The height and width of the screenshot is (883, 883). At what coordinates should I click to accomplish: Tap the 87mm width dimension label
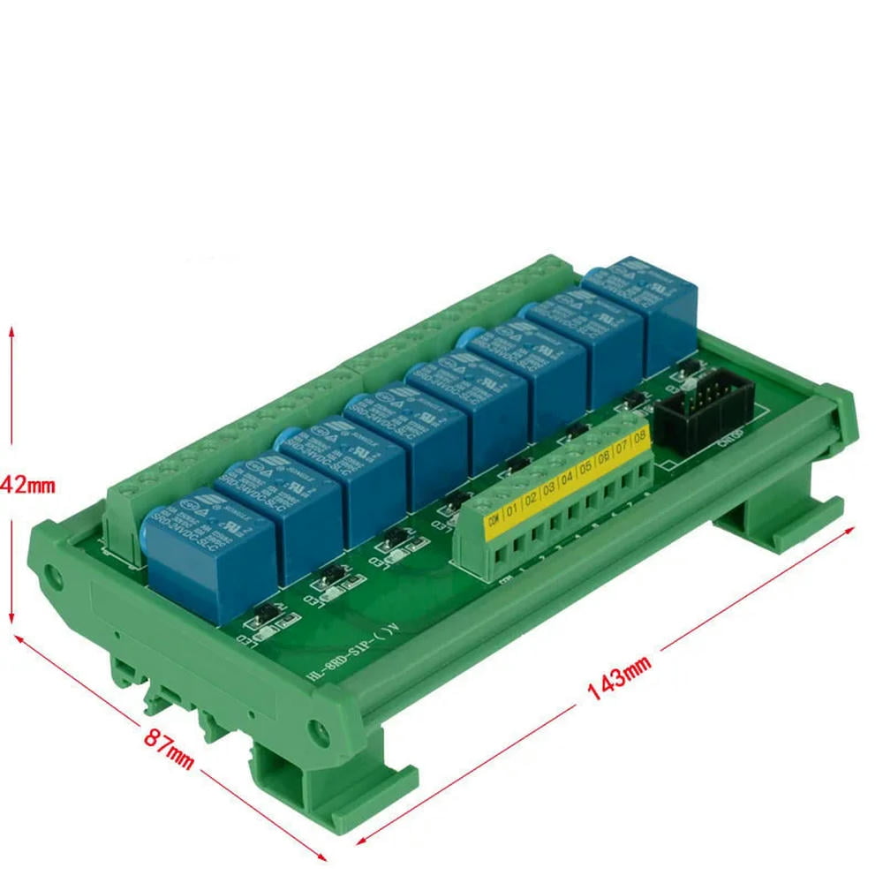click(x=169, y=746)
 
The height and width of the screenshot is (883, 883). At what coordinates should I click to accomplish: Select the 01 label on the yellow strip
click(x=513, y=509)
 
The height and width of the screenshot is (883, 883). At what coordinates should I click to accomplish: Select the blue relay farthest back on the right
click(x=653, y=305)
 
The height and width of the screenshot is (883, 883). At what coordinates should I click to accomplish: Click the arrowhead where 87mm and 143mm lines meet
click(x=323, y=855)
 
